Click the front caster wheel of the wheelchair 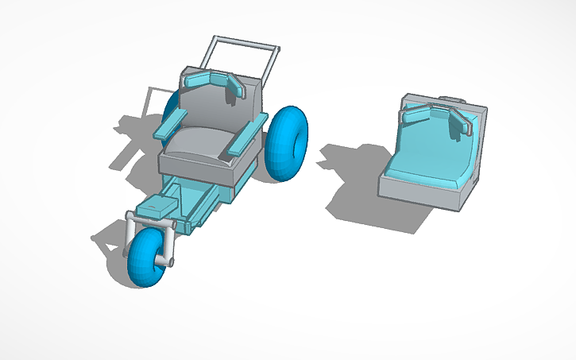(146, 258)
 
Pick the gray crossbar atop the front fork (149, 224)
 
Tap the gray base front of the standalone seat (421, 192)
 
